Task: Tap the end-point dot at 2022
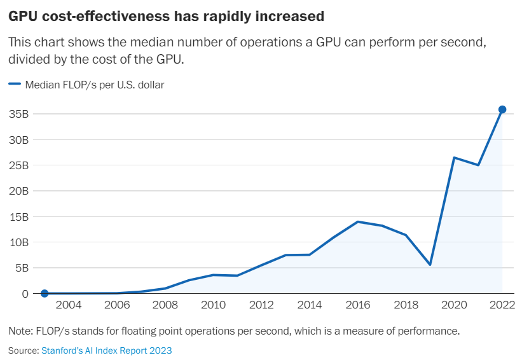(502, 109)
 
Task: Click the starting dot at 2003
(45, 293)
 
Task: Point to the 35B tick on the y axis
(20, 114)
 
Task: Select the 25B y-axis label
(20, 165)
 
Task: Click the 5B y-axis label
(22, 268)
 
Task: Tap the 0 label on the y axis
(26, 294)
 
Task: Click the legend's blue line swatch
(15, 84)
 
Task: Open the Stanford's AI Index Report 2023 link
(106, 350)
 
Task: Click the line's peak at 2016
(357, 221)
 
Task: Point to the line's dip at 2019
(430, 265)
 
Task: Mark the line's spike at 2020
(454, 158)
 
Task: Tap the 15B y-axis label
(20, 216)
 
